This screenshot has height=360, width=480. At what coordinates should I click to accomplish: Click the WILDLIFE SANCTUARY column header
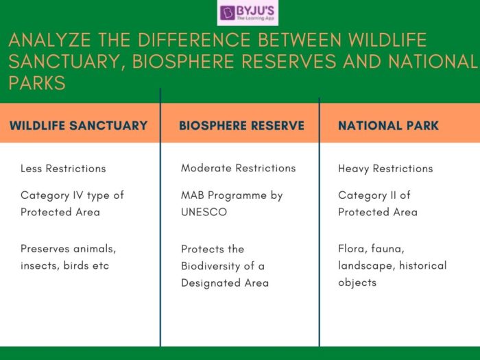coord(78,125)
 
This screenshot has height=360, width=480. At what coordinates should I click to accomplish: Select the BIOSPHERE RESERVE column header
coord(241,125)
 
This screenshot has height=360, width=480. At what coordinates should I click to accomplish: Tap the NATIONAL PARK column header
coord(388,125)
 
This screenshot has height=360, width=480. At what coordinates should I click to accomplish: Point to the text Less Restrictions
coord(63,169)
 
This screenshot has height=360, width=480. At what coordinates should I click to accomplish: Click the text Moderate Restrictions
coord(238,168)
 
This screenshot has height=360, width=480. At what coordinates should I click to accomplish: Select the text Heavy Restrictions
coord(385,169)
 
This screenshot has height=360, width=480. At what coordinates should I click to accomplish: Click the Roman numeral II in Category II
coord(394,195)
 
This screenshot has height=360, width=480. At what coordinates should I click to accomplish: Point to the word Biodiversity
coord(213,266)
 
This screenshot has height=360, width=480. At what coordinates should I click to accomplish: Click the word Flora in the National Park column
coord(352,249)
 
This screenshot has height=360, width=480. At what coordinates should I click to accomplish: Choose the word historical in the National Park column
coord(421,265)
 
